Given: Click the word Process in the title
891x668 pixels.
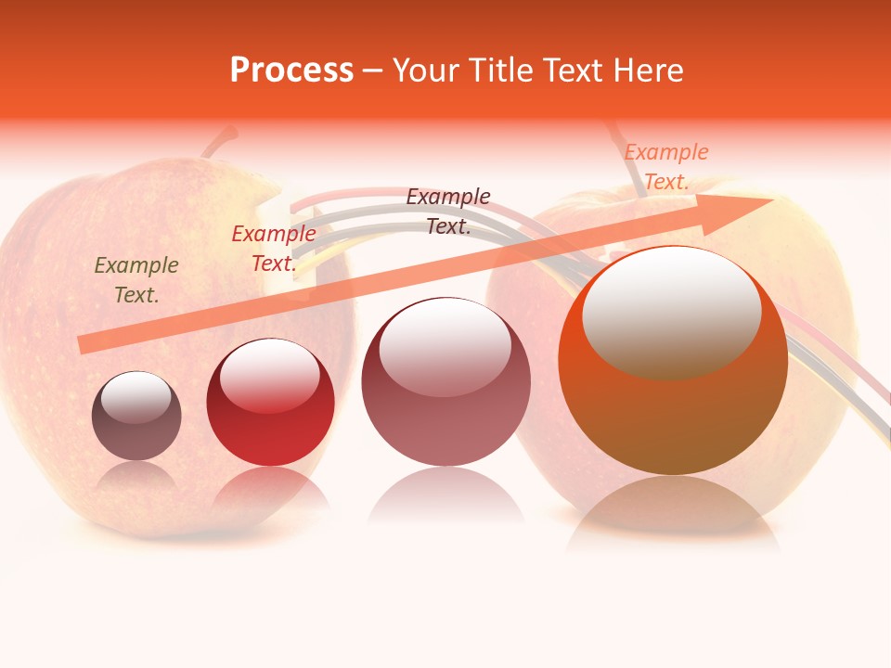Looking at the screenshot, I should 291,71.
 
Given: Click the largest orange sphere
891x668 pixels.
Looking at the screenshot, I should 673,408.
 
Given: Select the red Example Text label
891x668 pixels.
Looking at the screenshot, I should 274,249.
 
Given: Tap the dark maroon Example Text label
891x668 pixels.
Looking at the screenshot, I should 448,211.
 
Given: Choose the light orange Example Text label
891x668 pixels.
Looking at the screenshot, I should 666,167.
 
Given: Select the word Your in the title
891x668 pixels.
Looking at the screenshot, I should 423,71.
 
